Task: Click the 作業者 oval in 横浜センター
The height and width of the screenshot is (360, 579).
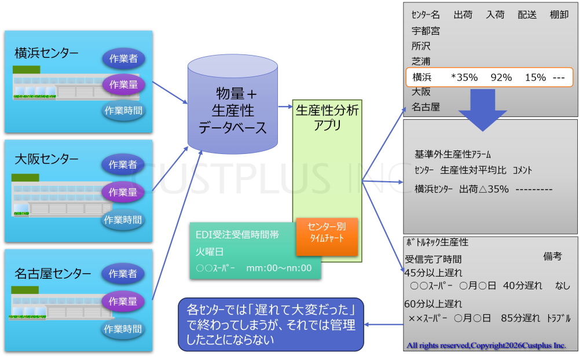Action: point(123,58)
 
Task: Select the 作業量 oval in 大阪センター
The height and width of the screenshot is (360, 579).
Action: point(123,192)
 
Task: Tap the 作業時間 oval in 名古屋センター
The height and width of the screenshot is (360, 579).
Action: point(123,329)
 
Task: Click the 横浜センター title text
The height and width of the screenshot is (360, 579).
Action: point(46,53)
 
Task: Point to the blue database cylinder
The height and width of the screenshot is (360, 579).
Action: point(233,105)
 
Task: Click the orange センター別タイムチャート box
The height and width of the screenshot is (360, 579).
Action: point(327,236)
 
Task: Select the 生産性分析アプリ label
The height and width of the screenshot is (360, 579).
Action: point(327,117)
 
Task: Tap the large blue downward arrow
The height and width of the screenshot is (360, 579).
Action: point(483,110)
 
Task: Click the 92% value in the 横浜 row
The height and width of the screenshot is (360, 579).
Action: point(501,78)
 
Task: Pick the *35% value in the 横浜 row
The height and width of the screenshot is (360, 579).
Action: point(464,78)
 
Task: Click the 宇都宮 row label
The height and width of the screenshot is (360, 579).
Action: point(426,31)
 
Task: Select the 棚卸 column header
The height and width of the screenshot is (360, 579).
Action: point(559,15)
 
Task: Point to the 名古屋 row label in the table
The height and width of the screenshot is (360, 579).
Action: point(426,107)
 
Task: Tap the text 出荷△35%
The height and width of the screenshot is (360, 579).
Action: point(483,189)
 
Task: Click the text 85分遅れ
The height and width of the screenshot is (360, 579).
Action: point(521,318)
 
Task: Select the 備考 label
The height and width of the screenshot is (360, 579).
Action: point(552,256)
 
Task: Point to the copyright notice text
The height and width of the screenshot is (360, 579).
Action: point(486,346)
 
